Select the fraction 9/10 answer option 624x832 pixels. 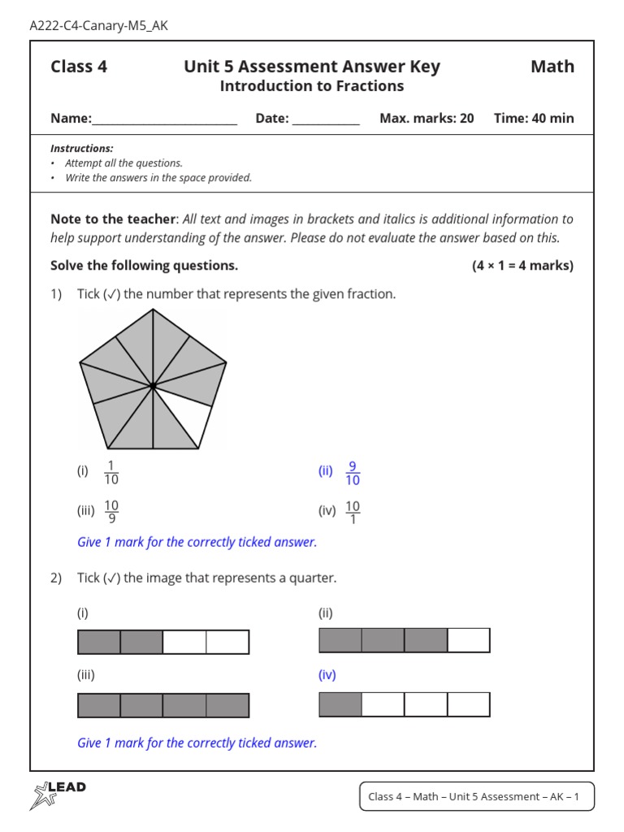point(353,473)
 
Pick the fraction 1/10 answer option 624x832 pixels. point(111,473)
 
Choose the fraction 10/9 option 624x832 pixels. point(111,512)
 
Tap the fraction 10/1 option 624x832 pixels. point(353,512)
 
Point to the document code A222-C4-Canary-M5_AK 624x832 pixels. point(98,25)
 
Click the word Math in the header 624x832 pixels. point(552,67)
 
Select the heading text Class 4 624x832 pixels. point(79,67)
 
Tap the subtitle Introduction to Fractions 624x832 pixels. point(312,86)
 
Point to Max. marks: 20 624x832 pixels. point(427,118)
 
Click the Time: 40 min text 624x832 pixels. point(534,118)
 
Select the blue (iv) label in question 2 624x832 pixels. point(327,674)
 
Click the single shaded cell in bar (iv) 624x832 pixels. point(340,704)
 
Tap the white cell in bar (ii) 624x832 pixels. point(469,640)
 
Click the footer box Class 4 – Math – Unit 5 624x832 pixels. point(476,796)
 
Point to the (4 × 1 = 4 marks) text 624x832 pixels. point(522,266)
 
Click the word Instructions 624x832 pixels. point(81,149)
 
